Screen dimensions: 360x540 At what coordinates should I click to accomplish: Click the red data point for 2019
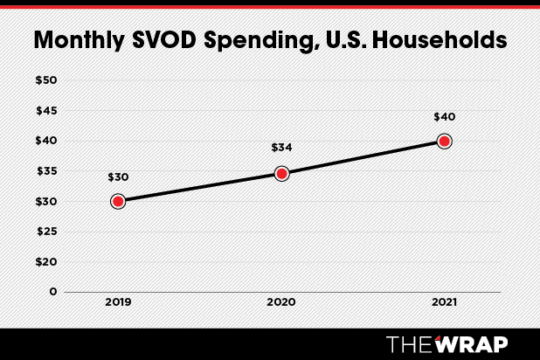[118, 201]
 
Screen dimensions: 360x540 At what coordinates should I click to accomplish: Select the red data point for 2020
[281, 173]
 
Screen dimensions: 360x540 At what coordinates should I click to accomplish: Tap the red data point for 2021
[444, 141]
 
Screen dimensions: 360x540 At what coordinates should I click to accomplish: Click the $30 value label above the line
[118, 177]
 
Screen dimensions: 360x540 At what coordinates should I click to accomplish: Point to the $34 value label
[281, 149]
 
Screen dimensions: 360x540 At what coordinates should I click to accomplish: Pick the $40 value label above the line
[444, 117]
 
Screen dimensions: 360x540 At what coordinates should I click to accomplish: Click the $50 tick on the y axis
[45, 80]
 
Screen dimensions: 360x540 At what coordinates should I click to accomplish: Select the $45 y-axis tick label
[45, 111]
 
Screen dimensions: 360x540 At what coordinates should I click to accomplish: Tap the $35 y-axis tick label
[45, 171]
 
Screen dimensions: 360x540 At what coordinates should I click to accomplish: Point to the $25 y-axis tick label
[45, 232]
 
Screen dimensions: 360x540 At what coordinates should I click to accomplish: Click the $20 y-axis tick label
[45, 261]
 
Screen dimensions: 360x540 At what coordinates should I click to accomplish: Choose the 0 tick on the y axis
[53, 292]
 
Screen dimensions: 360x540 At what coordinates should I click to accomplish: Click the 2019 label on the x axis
[118, 301]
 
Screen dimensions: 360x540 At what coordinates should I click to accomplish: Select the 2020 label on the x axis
[281, 301]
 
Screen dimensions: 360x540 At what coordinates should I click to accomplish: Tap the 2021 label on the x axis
[444, 301]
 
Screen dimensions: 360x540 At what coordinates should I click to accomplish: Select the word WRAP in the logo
[477, 342]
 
